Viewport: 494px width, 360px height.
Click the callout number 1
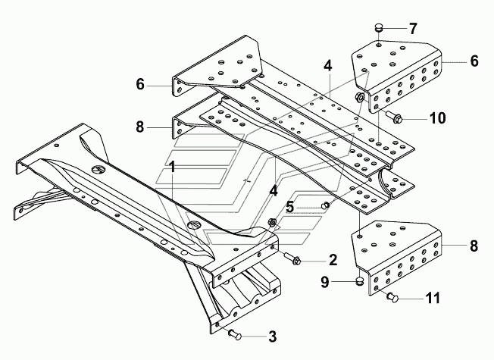[174, 165]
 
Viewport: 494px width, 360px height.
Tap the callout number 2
[332, 260]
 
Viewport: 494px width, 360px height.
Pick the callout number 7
[413, 29]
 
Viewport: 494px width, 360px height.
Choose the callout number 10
[439, 117]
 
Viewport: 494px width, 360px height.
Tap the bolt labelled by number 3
[234, 334]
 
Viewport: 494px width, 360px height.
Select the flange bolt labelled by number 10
[394, 117]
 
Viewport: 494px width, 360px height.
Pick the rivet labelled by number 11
[391, 298]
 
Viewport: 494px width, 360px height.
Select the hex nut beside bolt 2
[270, 223]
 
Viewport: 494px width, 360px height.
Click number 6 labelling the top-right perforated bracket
[474, 61]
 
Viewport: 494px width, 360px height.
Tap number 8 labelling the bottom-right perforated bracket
[474, 246]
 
